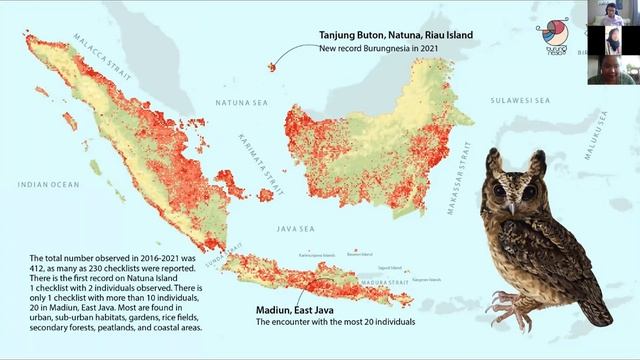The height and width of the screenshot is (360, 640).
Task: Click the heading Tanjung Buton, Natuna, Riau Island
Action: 395,34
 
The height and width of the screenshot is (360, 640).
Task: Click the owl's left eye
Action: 499,190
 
